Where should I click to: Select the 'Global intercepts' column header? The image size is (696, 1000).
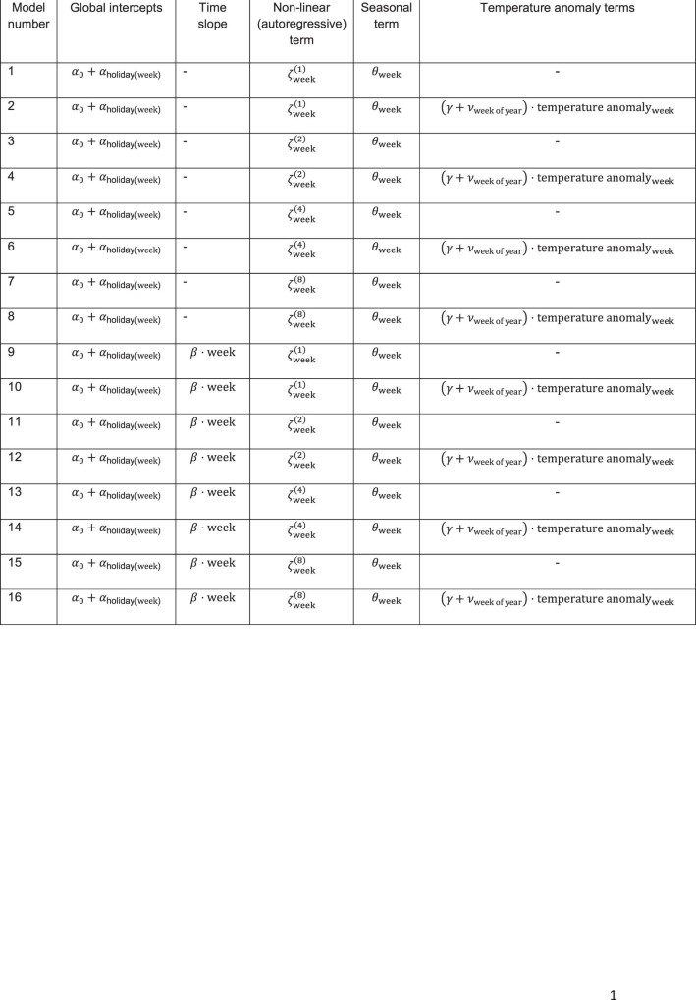[115, 8]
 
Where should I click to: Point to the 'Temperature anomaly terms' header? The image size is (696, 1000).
[557, 8]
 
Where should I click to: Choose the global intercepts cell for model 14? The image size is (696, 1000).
[116, 529]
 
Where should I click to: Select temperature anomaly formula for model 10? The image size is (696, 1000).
[557, 390]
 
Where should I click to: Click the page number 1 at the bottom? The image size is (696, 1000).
[614, 994]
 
